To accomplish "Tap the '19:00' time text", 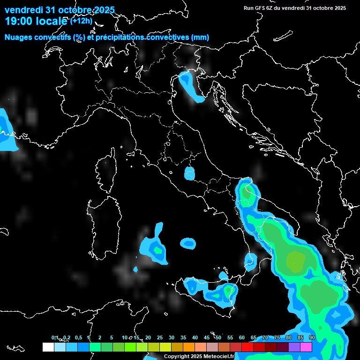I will point(19,21).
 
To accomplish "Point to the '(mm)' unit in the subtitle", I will point(200,37).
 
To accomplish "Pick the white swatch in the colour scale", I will point(48,347).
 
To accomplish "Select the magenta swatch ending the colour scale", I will point(306,347).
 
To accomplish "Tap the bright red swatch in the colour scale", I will point(247,347).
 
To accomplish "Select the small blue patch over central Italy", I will point(189,173).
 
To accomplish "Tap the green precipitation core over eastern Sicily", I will point(228,291).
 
